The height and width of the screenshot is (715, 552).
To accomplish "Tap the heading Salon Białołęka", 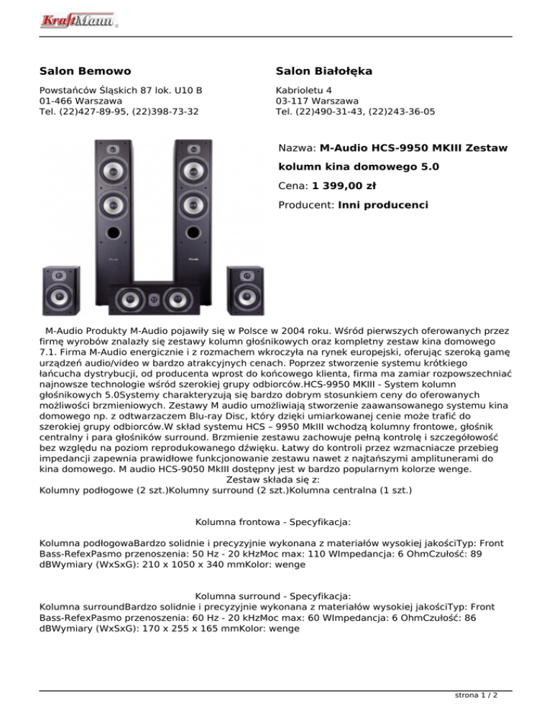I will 323,71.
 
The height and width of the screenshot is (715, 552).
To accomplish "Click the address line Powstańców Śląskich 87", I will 121,91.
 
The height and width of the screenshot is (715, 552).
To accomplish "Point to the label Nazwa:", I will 297,149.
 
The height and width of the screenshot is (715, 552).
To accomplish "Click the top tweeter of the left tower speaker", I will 112,150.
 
